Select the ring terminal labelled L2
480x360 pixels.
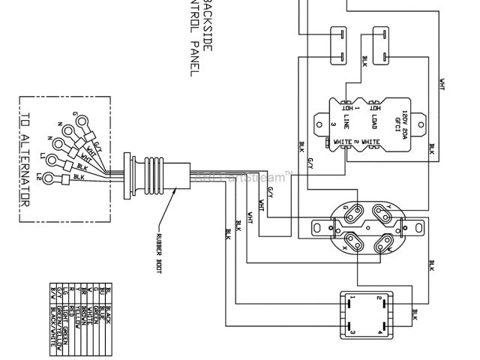point(50,179)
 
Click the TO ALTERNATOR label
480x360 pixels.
point(25,161)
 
